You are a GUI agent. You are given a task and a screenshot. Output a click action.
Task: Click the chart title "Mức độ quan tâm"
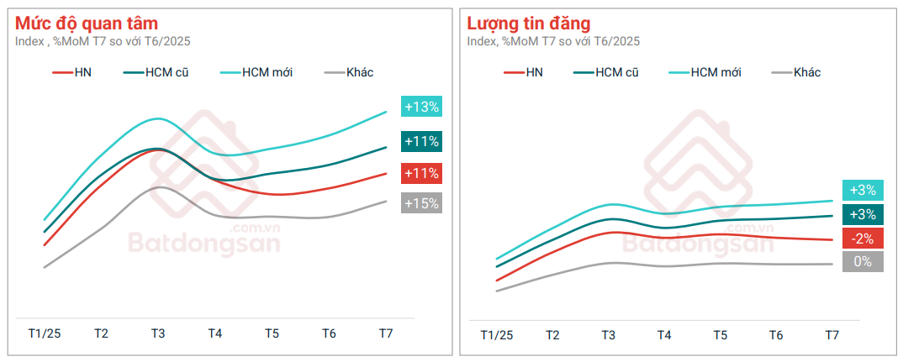point(87,23)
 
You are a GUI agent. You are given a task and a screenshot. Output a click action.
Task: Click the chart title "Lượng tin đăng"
point(529,23)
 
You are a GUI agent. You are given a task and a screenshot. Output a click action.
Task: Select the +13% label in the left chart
point(421,107)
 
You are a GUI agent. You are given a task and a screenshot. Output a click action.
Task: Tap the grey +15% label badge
point(421,202)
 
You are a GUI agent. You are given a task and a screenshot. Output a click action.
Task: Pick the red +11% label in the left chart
point(421,174)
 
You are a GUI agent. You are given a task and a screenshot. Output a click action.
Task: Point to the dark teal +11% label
point(421,141)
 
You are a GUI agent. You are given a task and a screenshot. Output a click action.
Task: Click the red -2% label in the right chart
point(863,239)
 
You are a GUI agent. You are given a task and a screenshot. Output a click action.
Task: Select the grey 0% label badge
point(863,261)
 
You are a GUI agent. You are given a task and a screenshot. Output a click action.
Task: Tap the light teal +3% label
point(863,190)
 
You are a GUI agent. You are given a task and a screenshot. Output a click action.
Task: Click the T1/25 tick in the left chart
point(44,333)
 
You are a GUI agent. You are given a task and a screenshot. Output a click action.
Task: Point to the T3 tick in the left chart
point(158,333)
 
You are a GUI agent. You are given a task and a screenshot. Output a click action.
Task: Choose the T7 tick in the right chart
point(832,334)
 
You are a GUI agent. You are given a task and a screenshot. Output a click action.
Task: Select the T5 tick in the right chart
point(720,334)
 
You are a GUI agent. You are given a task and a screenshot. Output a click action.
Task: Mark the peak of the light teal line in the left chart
point(157,118)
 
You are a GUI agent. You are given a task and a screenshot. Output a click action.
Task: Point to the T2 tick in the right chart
point(552,334)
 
